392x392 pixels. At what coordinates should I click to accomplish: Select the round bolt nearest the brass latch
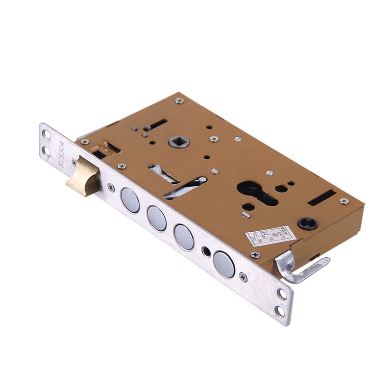coord(130,200)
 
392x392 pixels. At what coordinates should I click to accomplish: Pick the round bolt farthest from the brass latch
coord(224,264)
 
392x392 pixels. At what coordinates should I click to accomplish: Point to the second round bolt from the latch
coord(156,218)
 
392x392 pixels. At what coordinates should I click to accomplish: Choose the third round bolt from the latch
coord(184,237)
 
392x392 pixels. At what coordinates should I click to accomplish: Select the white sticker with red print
coord(271,235)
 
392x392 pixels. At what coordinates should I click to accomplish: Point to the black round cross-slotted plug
coord(308,223)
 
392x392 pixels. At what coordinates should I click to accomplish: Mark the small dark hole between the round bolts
coord(207,252)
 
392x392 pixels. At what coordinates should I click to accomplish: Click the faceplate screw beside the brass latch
coord(111,187)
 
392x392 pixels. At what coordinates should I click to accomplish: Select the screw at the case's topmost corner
coord(180,100)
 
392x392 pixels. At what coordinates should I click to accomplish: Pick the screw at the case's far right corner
coord(344,201)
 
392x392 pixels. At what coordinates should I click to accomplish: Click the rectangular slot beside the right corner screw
coord(322,197)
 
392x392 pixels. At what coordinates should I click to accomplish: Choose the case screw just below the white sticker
coord(255,255)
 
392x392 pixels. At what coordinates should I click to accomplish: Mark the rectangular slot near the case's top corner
coord(155,124)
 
